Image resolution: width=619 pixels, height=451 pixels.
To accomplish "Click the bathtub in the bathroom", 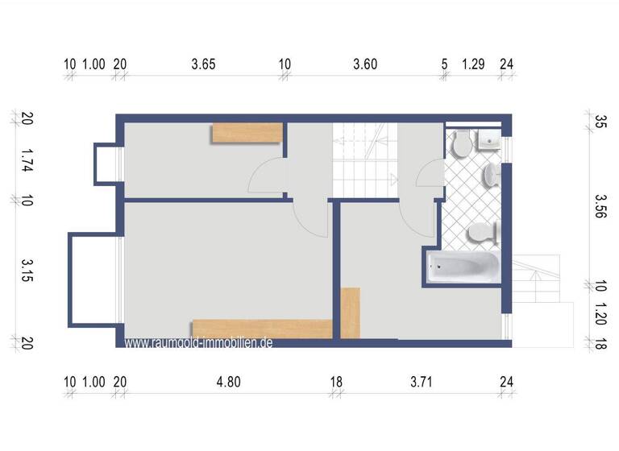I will [x=459, y=267].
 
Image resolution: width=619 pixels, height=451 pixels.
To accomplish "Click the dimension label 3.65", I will [x=203, y=64].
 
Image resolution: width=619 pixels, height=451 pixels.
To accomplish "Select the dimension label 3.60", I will [x=365, y=64].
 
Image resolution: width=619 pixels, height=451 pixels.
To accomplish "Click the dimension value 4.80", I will [x=228, y=383].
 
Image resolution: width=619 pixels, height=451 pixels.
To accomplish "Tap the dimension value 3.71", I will [x=421, y=383].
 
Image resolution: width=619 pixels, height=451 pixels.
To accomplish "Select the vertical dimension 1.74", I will [x=27, y=159].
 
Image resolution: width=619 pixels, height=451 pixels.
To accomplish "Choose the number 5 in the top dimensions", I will [x=444, y=64].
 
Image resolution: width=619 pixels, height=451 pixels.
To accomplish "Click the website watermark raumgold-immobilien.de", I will [x=199, y=342].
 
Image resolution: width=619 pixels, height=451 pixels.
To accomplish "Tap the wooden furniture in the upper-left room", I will [x=247, y=133].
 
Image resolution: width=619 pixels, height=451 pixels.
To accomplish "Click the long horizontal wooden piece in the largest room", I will [x=262, y=328].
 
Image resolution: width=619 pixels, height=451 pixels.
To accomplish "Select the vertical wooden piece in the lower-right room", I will [x=351, y=312].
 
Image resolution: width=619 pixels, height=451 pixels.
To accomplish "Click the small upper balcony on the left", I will [x=106, y=163].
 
